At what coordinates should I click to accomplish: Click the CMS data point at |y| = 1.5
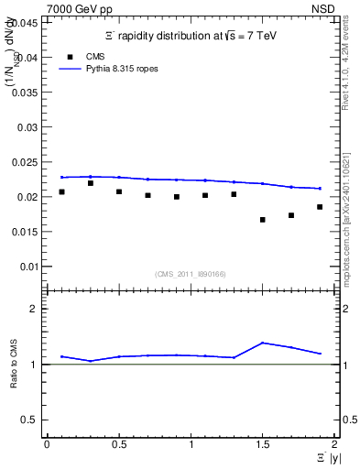point(263,220)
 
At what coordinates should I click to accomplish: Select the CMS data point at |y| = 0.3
point(90,183)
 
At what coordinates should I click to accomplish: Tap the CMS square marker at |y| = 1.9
point(320,207)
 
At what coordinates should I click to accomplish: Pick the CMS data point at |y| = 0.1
point(61,191)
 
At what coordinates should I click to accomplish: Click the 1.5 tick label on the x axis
point(263,444)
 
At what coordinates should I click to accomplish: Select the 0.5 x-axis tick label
point(119,444)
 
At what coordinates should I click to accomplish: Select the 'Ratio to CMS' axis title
point(14,364)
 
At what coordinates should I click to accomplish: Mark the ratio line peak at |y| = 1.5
point(263,343)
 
